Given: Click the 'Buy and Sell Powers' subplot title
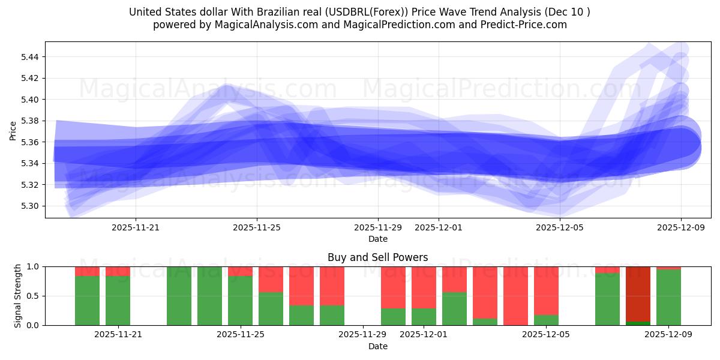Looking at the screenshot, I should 377,257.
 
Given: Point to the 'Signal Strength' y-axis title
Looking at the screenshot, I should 18,296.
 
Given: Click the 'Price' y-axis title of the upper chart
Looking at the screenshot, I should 13,130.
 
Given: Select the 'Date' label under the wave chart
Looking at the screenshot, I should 377,239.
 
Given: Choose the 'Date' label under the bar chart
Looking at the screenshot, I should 377,346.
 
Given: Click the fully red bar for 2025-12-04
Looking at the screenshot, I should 515,296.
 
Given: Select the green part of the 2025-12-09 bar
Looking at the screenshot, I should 668,298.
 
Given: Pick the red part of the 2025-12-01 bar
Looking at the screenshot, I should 424,287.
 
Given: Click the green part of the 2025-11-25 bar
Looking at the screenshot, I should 240,300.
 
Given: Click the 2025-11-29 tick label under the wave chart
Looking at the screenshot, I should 377,227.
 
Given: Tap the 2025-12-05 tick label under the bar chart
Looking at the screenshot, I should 545,335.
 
